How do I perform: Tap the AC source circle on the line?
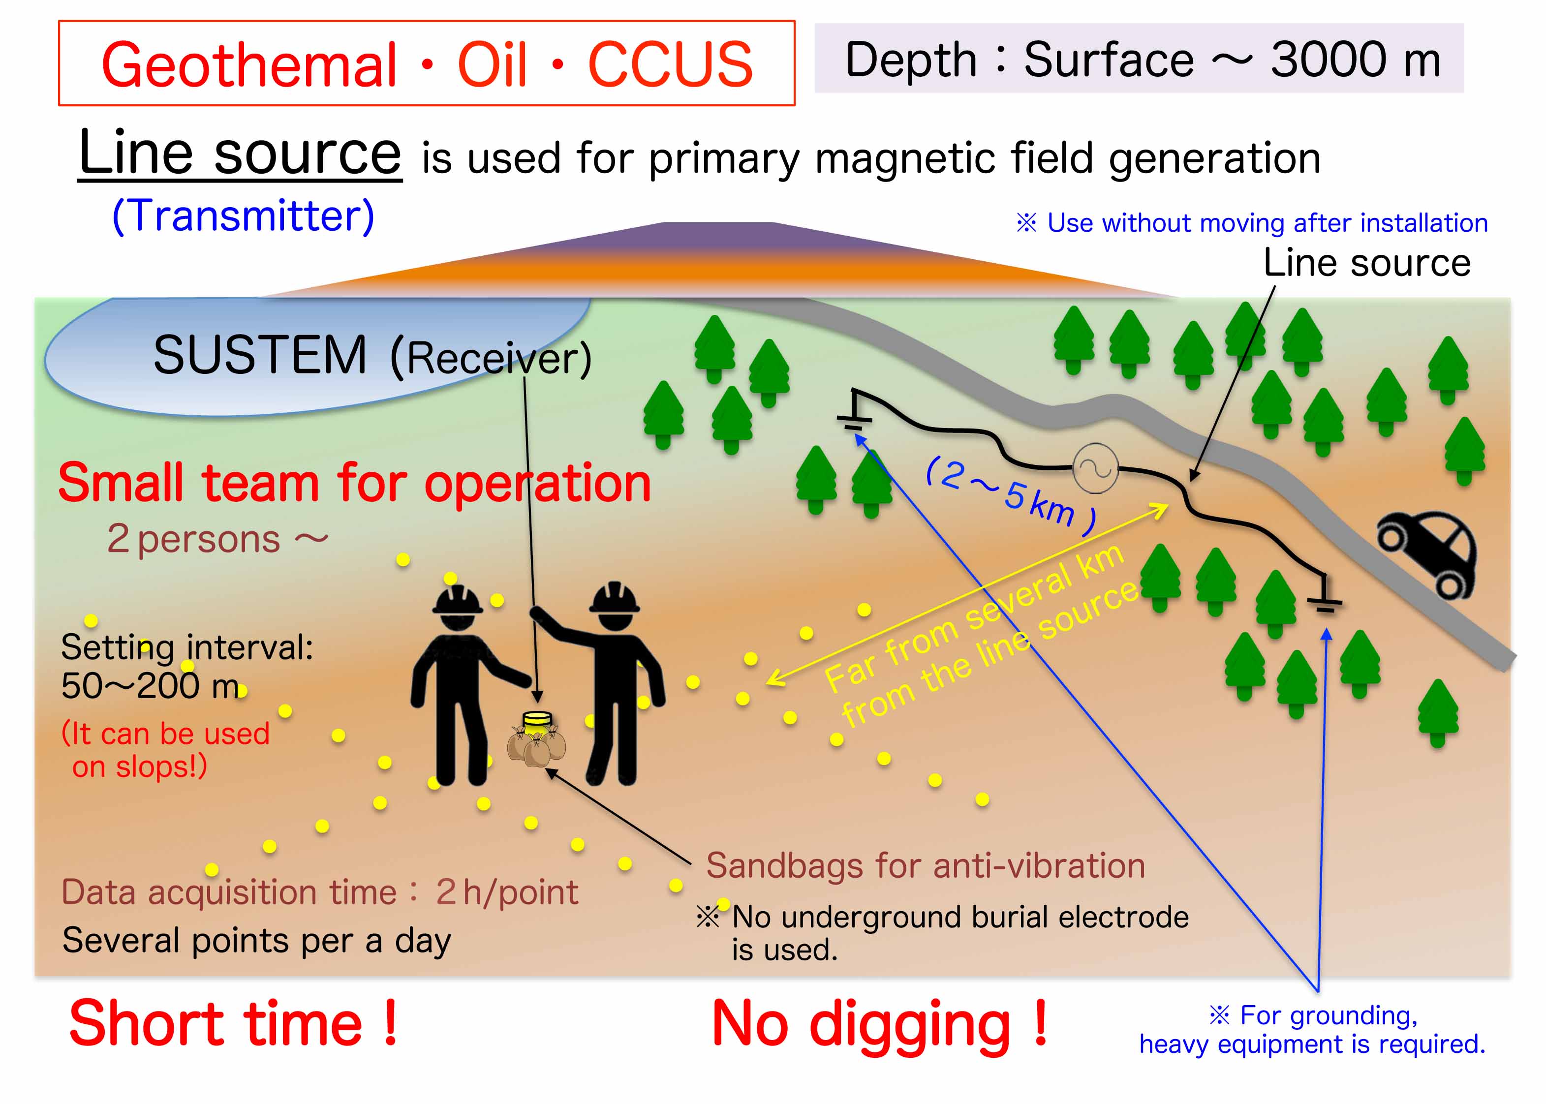coord(1095,468)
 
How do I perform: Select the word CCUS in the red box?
coord(670,64)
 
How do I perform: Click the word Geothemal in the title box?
coord(249,64)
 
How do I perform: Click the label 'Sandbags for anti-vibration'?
coord(926,866)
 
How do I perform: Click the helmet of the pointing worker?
coord(614,598)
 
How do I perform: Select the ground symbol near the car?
coord(1324,595)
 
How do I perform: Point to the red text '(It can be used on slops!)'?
coord(165,750)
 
